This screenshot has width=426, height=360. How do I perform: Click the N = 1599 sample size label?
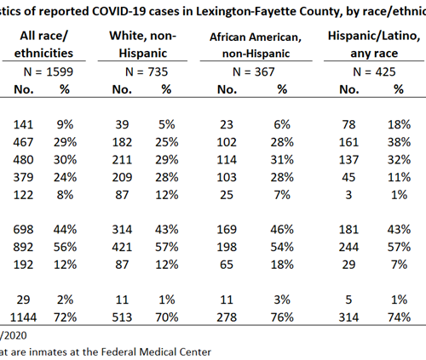click(x=49, y=71)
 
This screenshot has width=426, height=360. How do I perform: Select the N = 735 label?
click(x=147, y=71)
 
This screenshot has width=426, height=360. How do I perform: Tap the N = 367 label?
click(x=254, y=71)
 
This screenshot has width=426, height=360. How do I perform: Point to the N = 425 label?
click(x=374, y=71)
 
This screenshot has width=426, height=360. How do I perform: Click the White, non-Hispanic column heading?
click(x=143, y=44)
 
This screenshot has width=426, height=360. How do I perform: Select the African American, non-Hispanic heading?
click(x=256, y=45)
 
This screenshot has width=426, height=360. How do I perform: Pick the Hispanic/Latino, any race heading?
click(x=374, y=44)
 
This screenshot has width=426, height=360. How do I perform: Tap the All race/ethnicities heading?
click(x=43, y=44)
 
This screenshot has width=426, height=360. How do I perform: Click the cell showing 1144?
click(x=23, y=317)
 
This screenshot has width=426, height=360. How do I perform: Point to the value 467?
click(x=23, y=142)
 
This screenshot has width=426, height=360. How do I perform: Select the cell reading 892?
click(x=23, y=247)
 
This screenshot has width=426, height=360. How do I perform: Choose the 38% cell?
click(x=399, y=142)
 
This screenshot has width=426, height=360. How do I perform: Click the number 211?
click(x=122, y=159)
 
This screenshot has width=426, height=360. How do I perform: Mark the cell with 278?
click(x=227, y=317)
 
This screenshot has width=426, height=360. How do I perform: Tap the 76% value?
click(x=282, y=317)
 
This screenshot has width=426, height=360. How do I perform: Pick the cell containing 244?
click(x=348, y=247)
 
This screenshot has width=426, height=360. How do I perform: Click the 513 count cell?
click(x=122, y=317)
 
